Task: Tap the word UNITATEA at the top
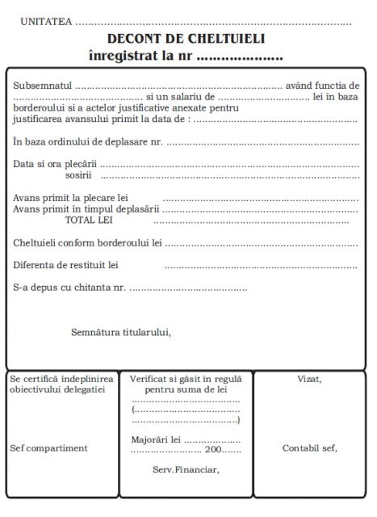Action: pos(45,22)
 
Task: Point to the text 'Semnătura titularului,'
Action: pos(121,331)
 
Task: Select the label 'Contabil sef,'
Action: pos(309,448)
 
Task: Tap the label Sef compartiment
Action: pos(49,448)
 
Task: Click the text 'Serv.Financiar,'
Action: pos(186,468)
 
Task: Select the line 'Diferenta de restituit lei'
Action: pos(66,264)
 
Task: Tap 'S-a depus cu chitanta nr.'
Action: pos(69,287)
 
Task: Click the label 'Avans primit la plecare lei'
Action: pos(71,197)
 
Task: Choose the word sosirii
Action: pos(78,174)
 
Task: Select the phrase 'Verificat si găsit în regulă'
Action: pos(186,378)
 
